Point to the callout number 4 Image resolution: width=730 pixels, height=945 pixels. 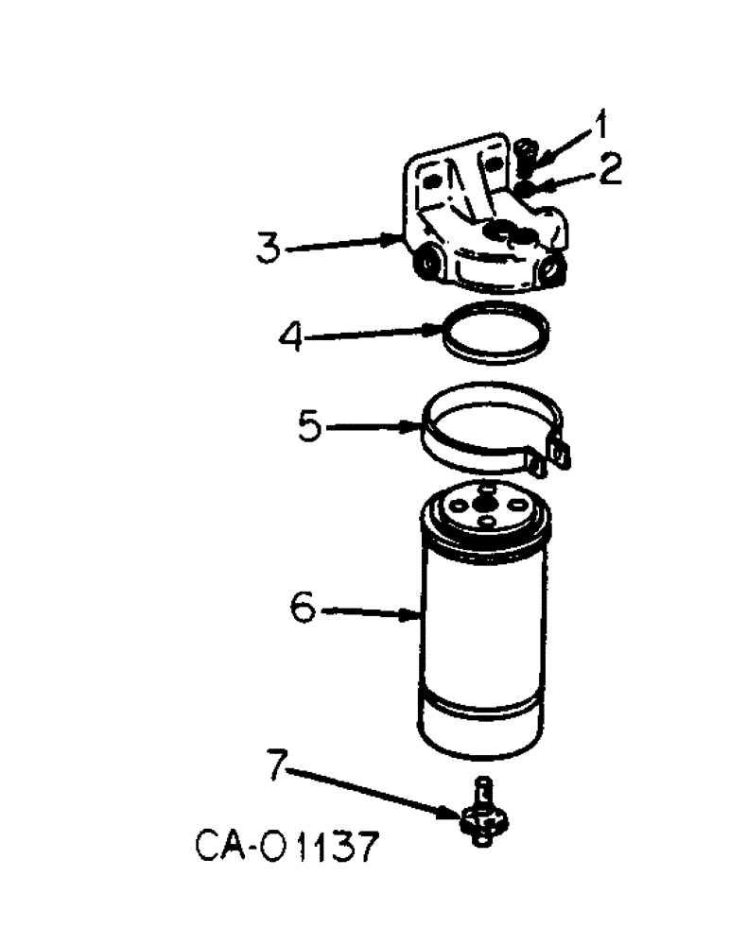point(294,335)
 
